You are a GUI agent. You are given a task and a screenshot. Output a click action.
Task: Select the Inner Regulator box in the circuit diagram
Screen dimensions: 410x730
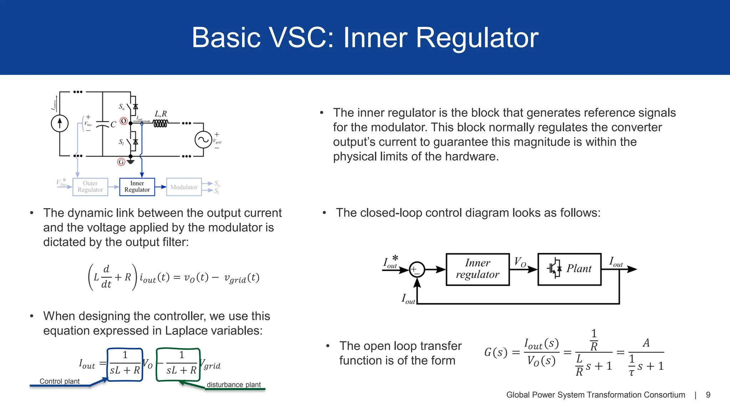[x=137, y=187]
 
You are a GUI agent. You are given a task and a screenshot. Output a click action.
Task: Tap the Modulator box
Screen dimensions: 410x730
[x=184, y=187]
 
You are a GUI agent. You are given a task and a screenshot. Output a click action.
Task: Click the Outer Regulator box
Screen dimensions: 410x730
[x=90, y=187]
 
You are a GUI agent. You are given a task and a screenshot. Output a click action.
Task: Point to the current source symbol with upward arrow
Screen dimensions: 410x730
[x=60, y=123]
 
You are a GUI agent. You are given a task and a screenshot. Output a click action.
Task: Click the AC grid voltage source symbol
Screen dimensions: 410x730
[x=203, y=140]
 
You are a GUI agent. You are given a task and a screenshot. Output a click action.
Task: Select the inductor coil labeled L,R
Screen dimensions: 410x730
[x=160, y=123]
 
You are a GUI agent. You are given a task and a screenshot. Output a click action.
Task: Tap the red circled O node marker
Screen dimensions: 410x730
[x=123, y=121]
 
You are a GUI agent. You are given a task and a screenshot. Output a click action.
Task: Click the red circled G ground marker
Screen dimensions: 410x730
[x=121, y=162]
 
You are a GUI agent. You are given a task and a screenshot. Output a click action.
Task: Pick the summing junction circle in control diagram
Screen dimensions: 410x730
[x=417, y=269]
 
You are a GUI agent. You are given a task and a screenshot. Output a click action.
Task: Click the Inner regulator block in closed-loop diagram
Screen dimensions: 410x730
[x=478, y=269]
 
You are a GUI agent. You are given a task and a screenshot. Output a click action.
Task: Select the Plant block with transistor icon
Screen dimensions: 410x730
[x=569, y=269]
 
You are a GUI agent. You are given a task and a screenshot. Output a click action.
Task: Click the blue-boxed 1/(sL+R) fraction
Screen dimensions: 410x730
[x=125, y=364]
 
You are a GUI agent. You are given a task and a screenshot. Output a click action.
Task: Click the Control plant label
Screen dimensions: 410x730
[x=60, y=381]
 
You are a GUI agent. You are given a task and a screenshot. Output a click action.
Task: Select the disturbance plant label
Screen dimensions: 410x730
[x=234, y=385]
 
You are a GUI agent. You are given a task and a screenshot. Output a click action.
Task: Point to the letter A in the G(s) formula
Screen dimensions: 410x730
[x=646, y=343]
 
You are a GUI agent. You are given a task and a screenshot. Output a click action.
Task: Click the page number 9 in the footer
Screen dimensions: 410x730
[x=708, y=395]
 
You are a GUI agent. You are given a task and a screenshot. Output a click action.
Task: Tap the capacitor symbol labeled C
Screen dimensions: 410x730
[x=103, y=124]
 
